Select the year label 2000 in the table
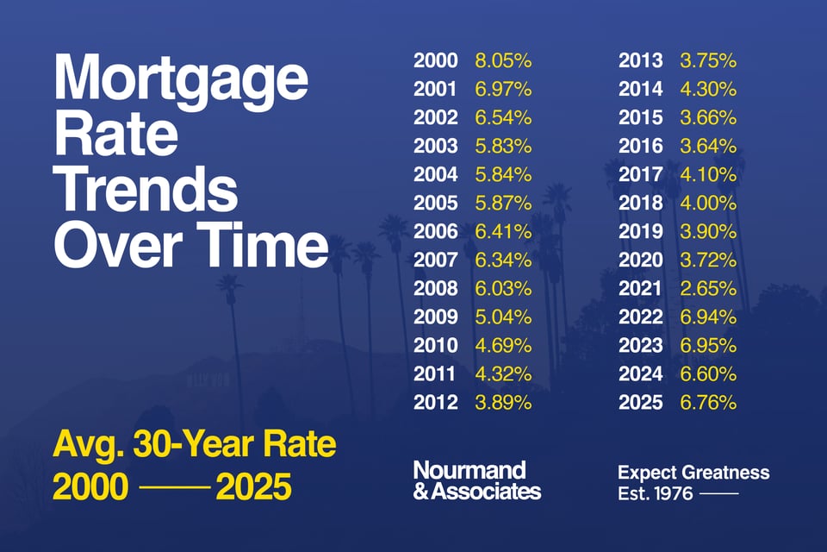435,61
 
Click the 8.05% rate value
503,61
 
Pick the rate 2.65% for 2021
708,288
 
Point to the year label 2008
435,288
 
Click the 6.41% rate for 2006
503,231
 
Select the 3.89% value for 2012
503,402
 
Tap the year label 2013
641,61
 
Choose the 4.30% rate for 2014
708,90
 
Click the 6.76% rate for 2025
708,402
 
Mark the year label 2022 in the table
641,317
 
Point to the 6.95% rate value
708,345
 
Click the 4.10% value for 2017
708,175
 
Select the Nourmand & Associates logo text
476,480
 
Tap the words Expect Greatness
693,473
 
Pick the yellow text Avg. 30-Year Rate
195,447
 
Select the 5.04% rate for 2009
503,317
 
